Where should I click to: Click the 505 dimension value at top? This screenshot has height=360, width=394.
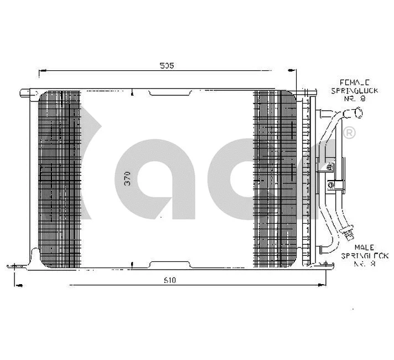pyautogui.click(x=167, y=66)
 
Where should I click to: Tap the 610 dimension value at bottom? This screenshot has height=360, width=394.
pyautogui.click(x=169, y=280)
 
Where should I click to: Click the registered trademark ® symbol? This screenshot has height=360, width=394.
pyautogui.click(x=349, y=133)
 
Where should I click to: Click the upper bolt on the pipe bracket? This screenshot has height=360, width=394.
pyautogui.click(x=330, y=166)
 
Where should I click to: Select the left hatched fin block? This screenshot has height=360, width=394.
pyautogui.click(x=59, y=178)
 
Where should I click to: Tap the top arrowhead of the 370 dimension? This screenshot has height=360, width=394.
pyautogui.click(x=132, y=94)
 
